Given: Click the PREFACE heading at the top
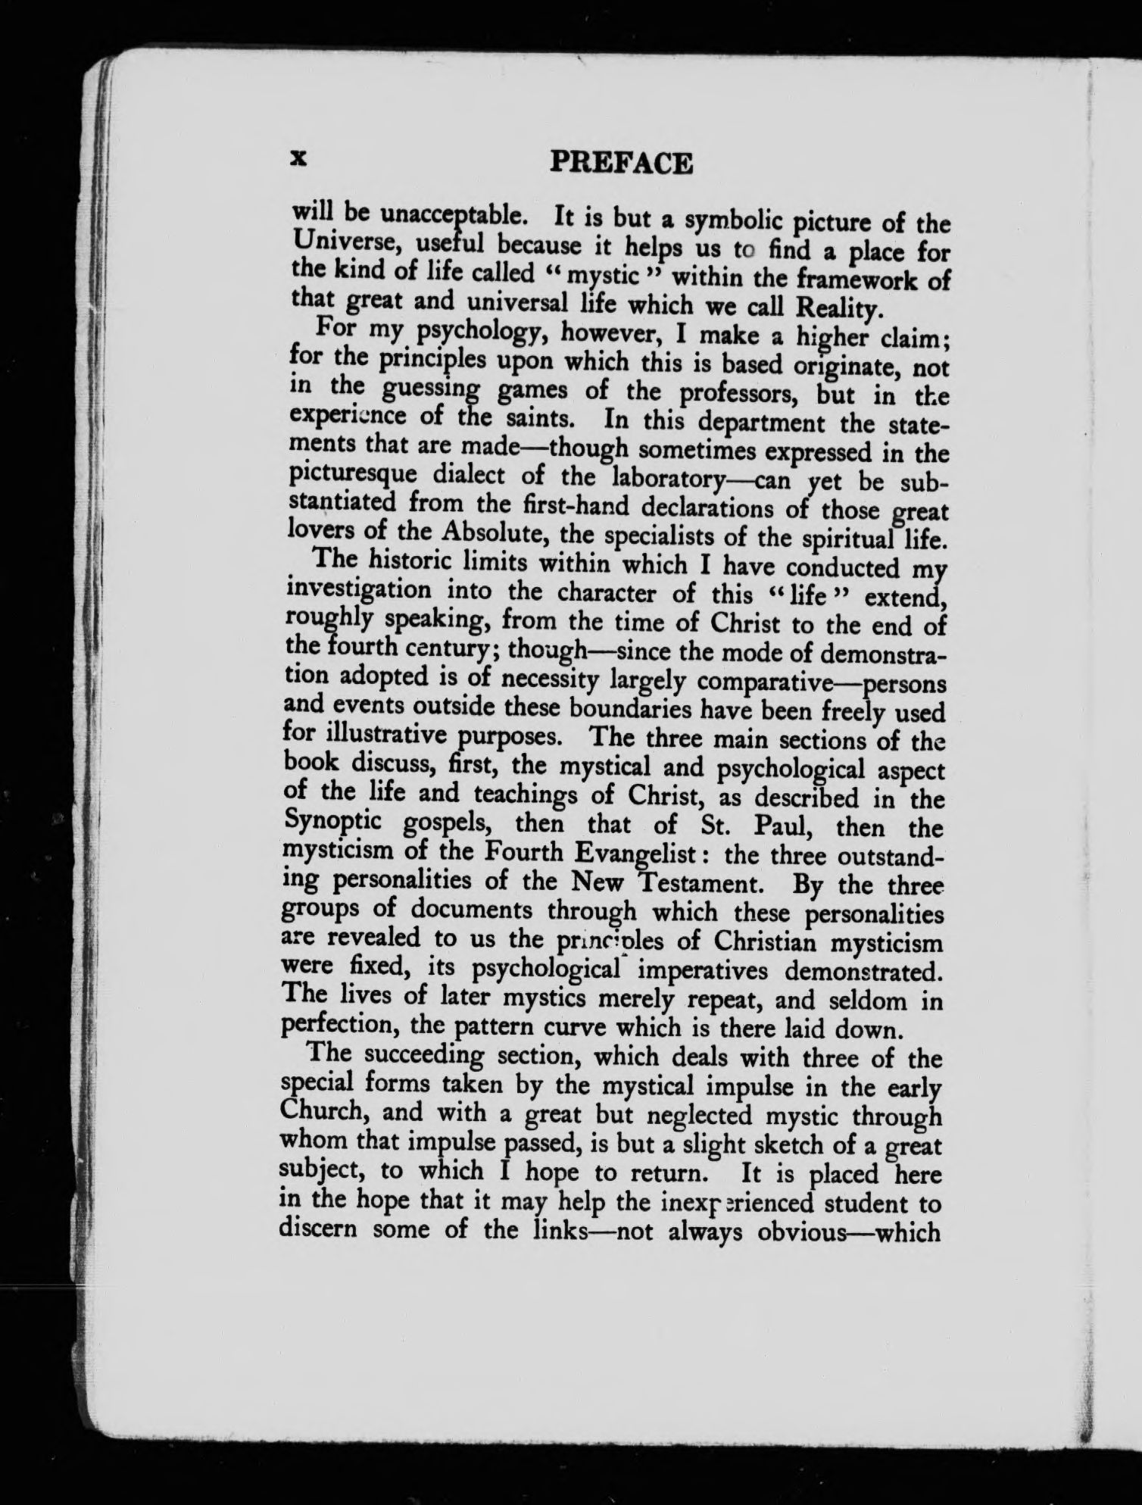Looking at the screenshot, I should click(x=621, y=163).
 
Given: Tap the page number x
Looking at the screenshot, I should click(x=298, y=158).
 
